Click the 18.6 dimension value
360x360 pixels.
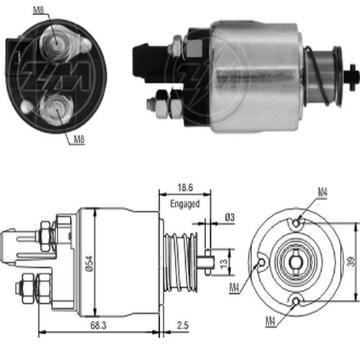tap(185, 187)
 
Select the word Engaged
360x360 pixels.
tap(185, 204)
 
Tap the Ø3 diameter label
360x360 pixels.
tap(230, 217)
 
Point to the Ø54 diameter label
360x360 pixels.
tap(89, 264)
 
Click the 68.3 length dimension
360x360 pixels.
tap(99, 325)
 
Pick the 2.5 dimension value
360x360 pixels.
tap(183, 325)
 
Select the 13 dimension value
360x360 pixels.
tap(223, 264)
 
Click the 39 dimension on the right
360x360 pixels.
tap(351, 261)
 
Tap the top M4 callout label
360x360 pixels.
tap(323, 192)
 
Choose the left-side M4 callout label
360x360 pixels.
tap(235, 287)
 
